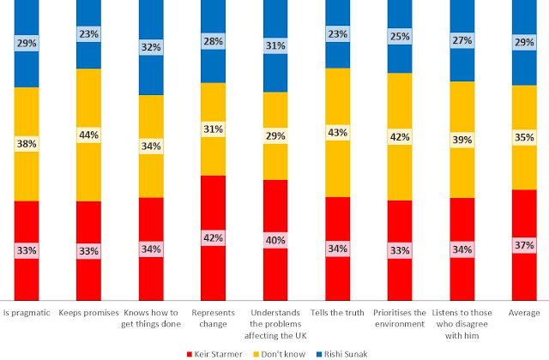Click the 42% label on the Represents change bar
[x=213, y=237]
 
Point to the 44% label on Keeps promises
[x=88, y=135]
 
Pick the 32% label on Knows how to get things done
[x=151, y=48]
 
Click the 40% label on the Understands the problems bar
[x=275, y=240]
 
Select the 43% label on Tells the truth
[x=337, y=133]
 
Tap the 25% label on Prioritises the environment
[x=400, y=37]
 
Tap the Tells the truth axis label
[x=337, y=312]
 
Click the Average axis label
[x=524, y=312]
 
